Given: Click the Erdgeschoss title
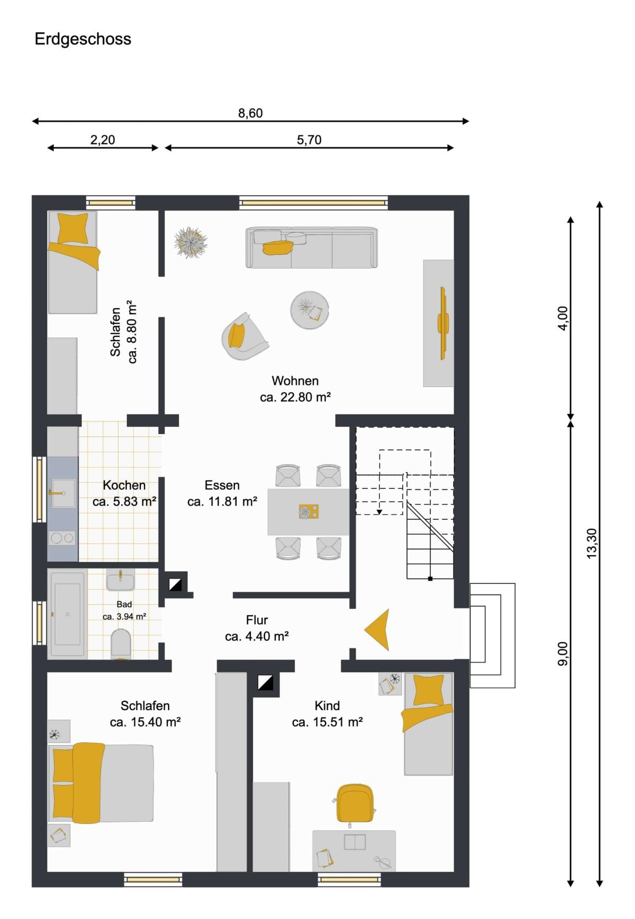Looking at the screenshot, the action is [83, 39].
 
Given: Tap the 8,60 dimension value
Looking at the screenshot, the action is [250, 113].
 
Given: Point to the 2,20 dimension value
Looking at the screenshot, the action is [103, 140].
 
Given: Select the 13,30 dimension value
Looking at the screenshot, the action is [592, 543].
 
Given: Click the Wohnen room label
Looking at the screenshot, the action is [295, 381].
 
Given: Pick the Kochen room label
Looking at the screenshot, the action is [124, 485].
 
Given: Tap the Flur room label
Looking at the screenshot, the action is [257, 620].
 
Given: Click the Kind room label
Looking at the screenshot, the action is [327, 705].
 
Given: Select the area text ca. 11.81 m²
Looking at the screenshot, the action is [222, 501].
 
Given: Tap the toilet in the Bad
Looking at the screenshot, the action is [121, 644].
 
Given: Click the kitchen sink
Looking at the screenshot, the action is [63, 493].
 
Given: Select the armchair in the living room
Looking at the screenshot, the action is [244, 336].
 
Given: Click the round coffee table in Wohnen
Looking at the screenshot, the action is [310, 310].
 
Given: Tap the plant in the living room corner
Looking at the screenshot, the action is [190, 243].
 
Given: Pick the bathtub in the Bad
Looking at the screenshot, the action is [67, 614].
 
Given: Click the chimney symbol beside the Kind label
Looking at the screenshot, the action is [265, 683].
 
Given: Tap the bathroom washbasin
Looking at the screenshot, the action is [121, 580].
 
